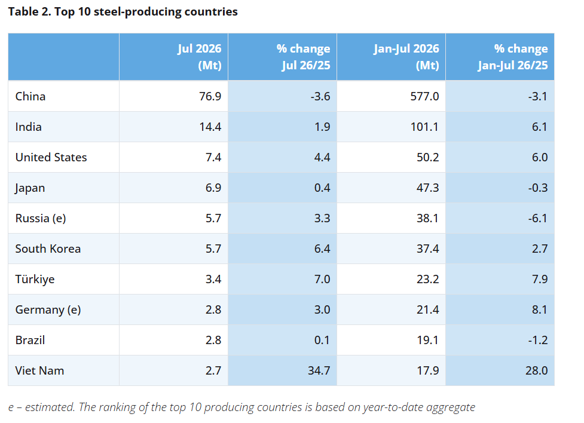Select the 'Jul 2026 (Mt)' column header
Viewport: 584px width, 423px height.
199,57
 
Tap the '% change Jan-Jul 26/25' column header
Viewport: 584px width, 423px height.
513,57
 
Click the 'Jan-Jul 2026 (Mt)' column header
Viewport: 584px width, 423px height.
406,57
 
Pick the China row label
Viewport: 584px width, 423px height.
30,96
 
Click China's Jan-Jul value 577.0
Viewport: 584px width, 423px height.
424,96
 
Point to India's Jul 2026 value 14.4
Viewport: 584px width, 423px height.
210,127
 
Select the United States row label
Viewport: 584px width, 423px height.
51,158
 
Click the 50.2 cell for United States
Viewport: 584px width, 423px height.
427,158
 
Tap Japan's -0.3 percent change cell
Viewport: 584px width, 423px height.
538,188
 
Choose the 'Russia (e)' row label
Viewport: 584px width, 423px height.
41,219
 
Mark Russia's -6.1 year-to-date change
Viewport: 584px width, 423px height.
538,219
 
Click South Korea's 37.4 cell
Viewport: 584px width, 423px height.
427,249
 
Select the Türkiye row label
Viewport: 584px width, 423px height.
35,279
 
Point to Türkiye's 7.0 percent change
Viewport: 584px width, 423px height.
322,279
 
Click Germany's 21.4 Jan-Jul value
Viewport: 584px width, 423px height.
427,310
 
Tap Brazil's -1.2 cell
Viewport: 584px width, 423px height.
538,341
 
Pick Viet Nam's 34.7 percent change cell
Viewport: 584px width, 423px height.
319,371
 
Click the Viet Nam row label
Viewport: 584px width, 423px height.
39,371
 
